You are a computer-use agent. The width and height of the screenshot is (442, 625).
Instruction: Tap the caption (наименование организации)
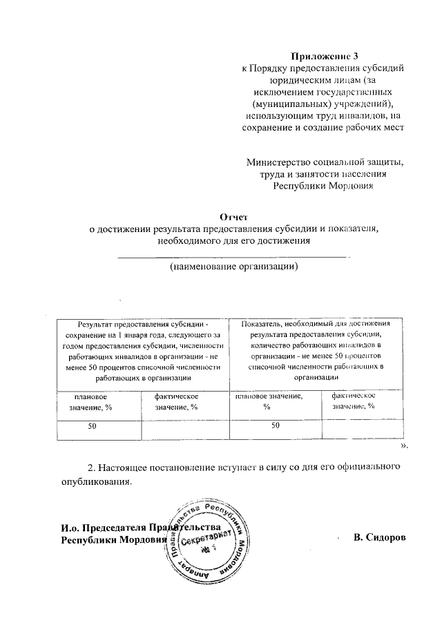(x=234, y=267)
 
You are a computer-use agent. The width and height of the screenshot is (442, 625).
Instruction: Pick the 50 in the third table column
(x=276, y=426)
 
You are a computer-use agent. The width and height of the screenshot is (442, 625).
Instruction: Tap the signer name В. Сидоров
(x=378, y=537)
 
